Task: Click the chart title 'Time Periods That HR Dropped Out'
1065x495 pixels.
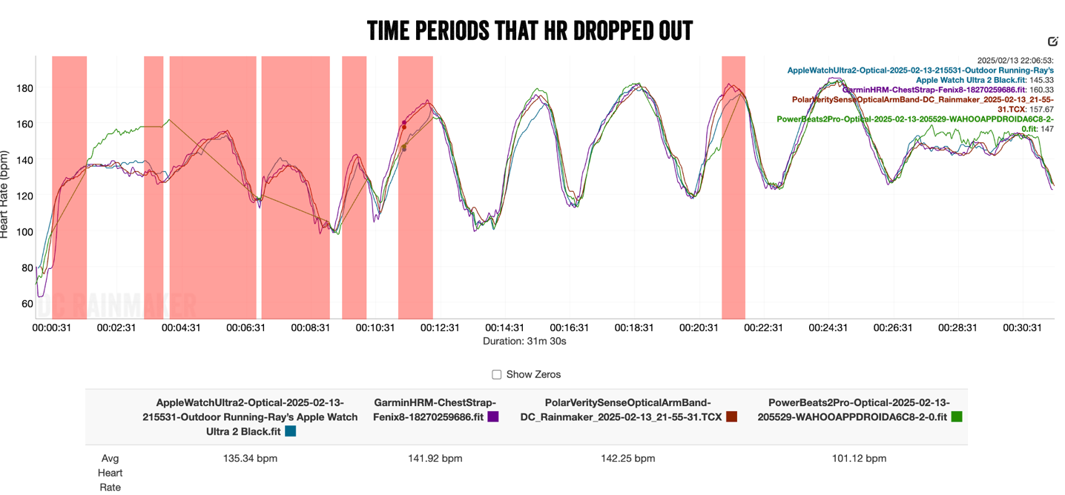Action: pos(530,30)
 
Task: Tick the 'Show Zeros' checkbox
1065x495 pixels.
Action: pos(497,374)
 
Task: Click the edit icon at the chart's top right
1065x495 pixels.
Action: pos(1052,41)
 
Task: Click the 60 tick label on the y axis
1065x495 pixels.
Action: pos(27,303)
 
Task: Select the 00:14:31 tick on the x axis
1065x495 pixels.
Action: pos(505,328)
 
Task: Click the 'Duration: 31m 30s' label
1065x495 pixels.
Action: pos(524,342)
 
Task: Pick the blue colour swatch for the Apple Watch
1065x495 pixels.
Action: pos(290,431)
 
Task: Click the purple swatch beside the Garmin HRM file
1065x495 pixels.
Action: pos(493,417)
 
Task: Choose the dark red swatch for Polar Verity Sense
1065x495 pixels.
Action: pos(731,417)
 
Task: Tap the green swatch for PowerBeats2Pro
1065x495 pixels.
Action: pos(957,417)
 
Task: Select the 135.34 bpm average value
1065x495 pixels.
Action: pos(250,459)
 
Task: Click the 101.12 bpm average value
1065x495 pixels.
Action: pos(859,459)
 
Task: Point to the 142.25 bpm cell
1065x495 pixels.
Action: pos(627,459)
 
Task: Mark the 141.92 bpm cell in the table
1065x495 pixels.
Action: pos(435,459)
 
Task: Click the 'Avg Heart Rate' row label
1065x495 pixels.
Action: pos(111,473)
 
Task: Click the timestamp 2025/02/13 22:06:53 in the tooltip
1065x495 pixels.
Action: pos(1015,60)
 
